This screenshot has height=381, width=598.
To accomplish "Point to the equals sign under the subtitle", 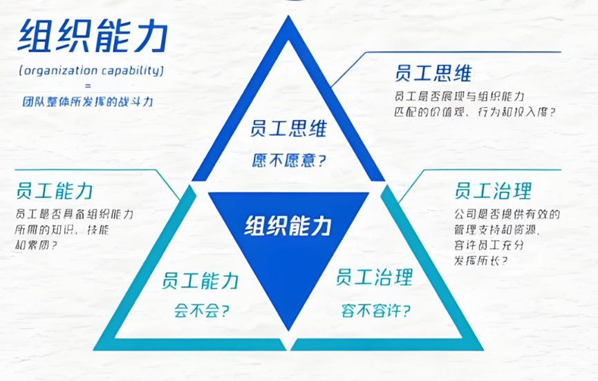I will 88,86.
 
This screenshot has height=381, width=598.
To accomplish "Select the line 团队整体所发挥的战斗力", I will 87,100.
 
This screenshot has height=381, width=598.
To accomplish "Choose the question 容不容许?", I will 375,310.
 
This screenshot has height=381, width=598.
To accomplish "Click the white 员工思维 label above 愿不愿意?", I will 288,129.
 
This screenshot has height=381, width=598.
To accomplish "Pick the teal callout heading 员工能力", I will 55,190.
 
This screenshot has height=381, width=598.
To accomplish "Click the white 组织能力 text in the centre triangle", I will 288,226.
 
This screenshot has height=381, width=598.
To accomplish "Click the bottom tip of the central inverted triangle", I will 288,329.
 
